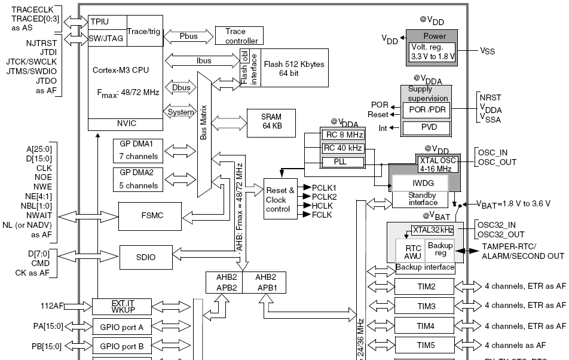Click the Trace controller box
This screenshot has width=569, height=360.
pos(240,36)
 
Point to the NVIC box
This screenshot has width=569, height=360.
pos(125,123)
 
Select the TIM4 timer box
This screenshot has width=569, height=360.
pos(426,326)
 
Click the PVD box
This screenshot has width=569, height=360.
pos(426,128)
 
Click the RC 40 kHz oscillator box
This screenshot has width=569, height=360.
pos(342,148)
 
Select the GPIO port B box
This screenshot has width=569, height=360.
pos(122,346)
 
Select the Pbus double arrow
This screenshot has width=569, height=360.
pos(188,36)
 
